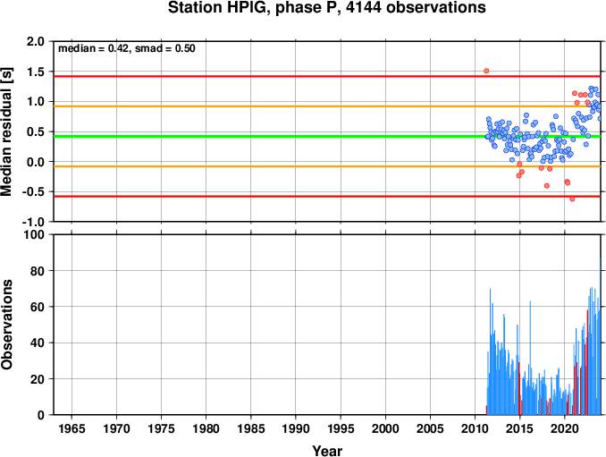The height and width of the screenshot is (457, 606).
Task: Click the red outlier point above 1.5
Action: click(x=486, y=71)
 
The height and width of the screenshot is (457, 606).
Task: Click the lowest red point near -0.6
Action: click(x=572, y=199)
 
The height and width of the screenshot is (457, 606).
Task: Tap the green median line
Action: click(x=327, y=137)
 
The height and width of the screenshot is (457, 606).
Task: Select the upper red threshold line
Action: click(x=327, y=77)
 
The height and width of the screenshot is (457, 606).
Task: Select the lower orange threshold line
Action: click(x=327, y=166)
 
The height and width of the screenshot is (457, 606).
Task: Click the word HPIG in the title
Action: click(x=248, y=8)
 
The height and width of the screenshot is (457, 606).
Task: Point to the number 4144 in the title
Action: click(x=364, y=8)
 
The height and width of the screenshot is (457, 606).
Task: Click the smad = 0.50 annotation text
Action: click(x=165, y=48)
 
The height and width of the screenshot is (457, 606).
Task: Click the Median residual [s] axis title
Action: click(x=6, y=131)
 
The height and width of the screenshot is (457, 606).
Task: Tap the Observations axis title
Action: click(x=6, y=325)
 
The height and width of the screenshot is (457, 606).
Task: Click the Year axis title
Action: click(x=327, y=451)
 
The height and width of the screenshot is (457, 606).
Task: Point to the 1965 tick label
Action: click(x=72, y=428)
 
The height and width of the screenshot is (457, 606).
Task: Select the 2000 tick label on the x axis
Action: click(x=385, y=428)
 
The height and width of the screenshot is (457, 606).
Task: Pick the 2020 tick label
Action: click(x=565, y=428)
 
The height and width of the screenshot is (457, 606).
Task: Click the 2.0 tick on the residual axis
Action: click(x=36, y=41)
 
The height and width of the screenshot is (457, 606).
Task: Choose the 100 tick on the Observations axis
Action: click(x=34, y=234)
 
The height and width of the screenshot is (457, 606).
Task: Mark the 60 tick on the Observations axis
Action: click(x=38, y=307)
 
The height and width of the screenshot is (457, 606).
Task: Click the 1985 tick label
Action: click(x=251, y=428)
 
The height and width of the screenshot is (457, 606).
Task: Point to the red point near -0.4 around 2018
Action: click(x=546, y=186)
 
